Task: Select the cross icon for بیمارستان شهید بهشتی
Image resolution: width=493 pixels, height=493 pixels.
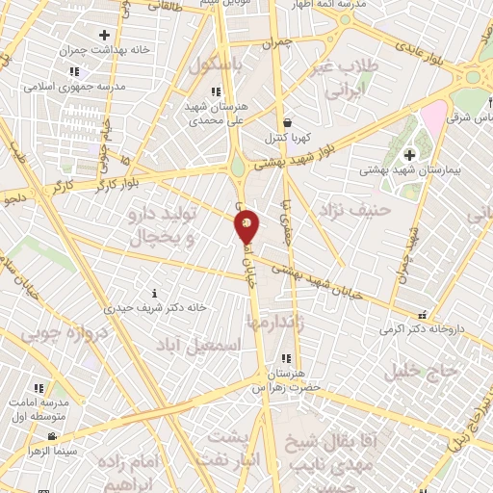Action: (x=409, y=154)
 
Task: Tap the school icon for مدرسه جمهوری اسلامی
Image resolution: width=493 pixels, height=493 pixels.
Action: (x=73, y=72)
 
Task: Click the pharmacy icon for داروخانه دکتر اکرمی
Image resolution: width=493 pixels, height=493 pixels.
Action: (x=421, y=314)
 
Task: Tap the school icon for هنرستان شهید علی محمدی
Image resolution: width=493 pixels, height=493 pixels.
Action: (x=215, y=92)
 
